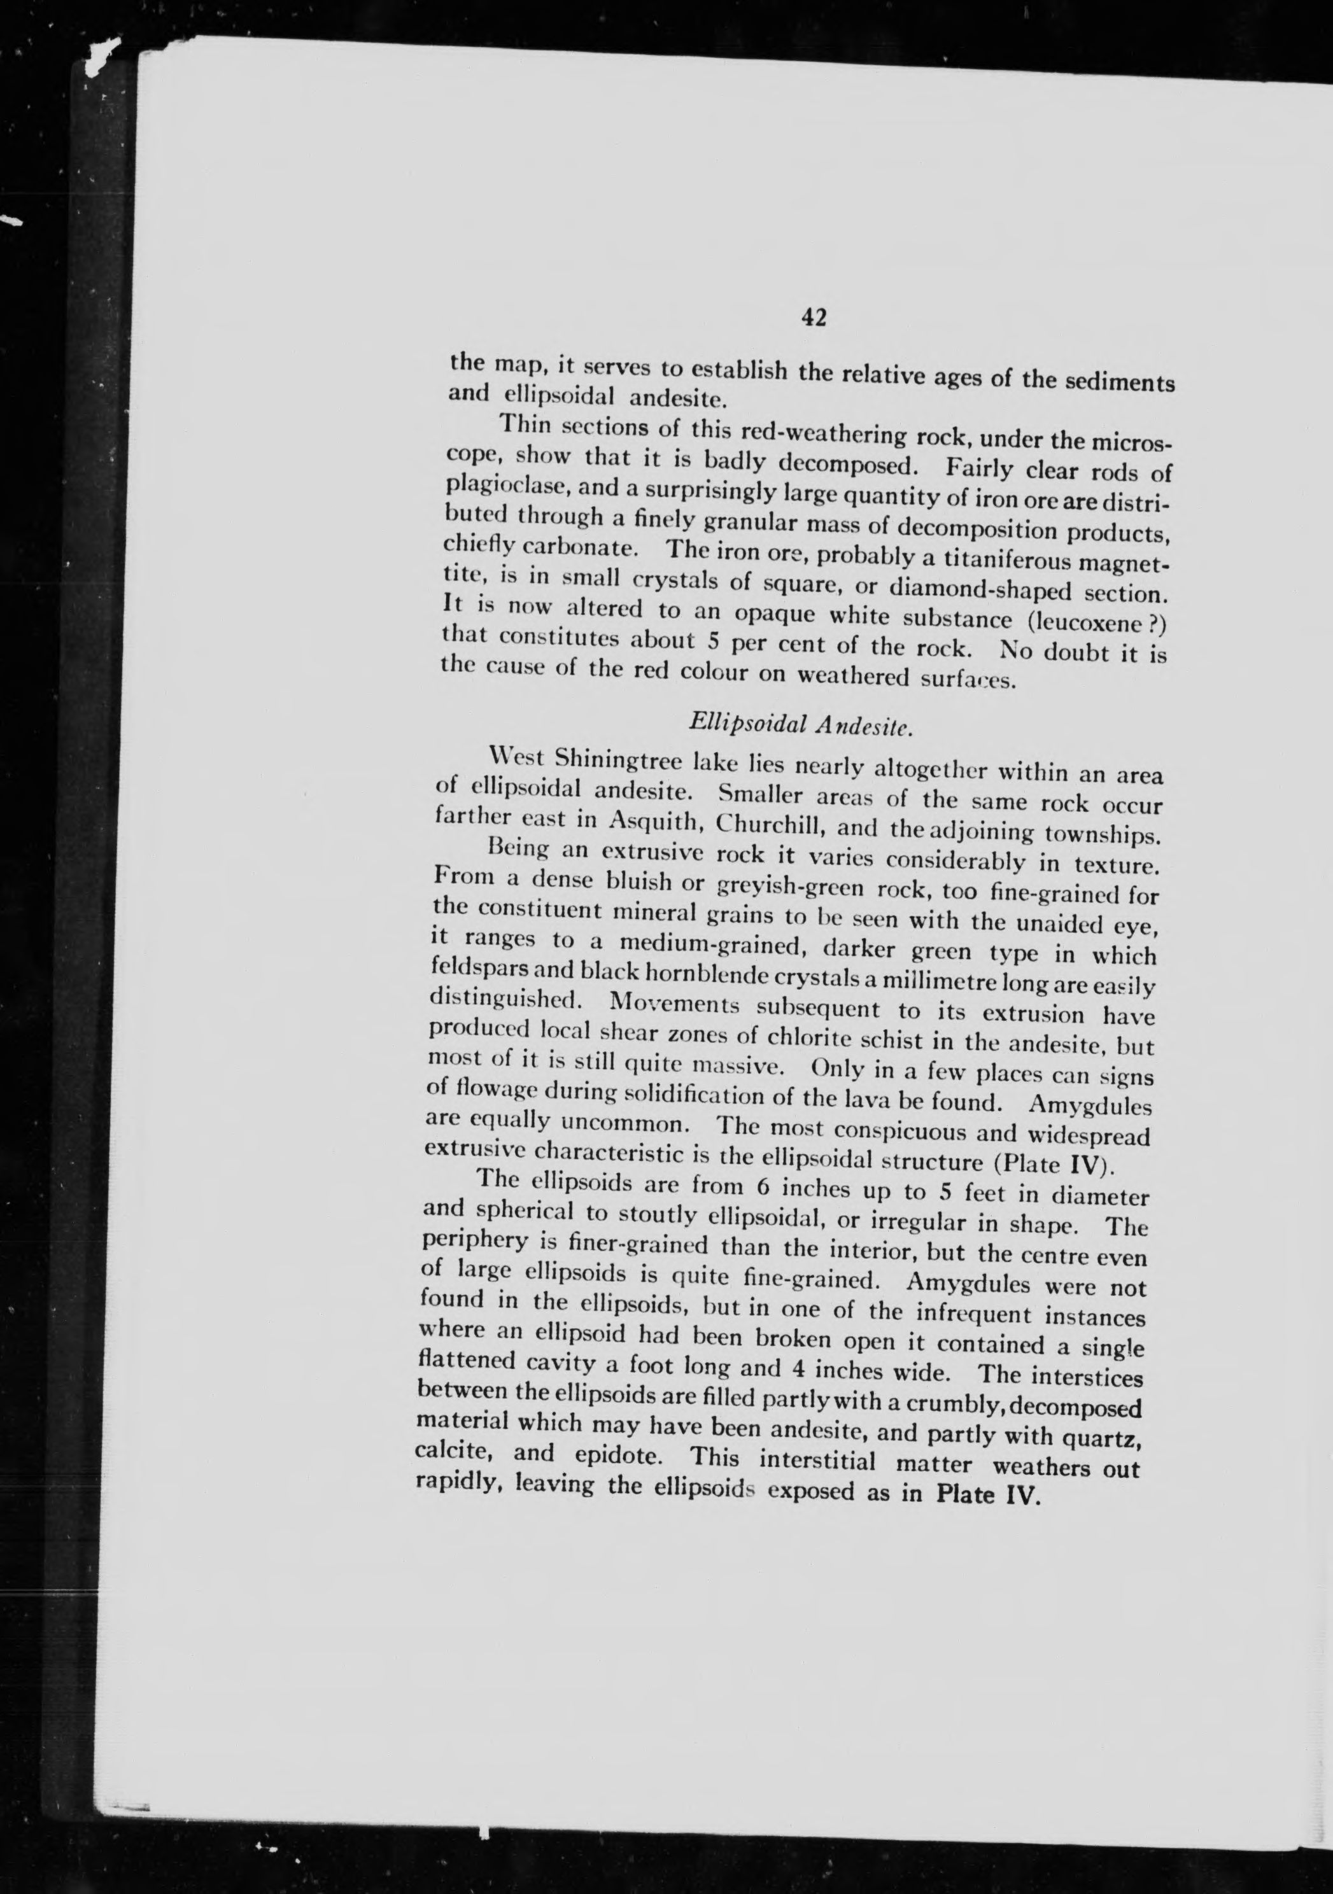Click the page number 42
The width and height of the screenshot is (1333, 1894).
click(812, 318)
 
